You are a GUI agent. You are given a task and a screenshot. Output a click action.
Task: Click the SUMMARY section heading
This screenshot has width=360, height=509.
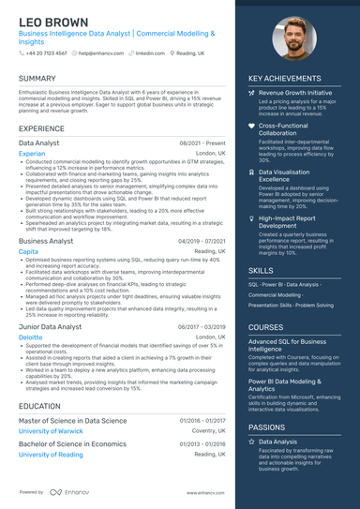coord(37,78)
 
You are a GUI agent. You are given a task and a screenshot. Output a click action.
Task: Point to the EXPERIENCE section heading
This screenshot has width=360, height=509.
coord(41,127)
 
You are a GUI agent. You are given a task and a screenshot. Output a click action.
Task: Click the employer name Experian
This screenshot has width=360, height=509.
coord(31,153)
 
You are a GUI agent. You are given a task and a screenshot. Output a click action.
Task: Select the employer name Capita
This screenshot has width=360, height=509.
coord(28,251)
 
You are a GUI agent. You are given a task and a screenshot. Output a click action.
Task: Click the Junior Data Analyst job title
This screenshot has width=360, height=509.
coord(49,325)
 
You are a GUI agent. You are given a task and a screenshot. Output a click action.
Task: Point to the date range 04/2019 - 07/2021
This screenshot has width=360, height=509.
coord(202,241)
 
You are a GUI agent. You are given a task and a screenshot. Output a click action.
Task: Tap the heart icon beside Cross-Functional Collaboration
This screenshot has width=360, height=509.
coord(251,125)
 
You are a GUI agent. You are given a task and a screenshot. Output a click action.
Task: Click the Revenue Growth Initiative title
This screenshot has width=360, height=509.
coord(295,94)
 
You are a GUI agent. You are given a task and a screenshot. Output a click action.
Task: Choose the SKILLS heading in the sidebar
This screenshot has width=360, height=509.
coord(262,270)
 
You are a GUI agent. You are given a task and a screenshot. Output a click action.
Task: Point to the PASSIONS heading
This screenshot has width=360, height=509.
coord(268,427)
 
